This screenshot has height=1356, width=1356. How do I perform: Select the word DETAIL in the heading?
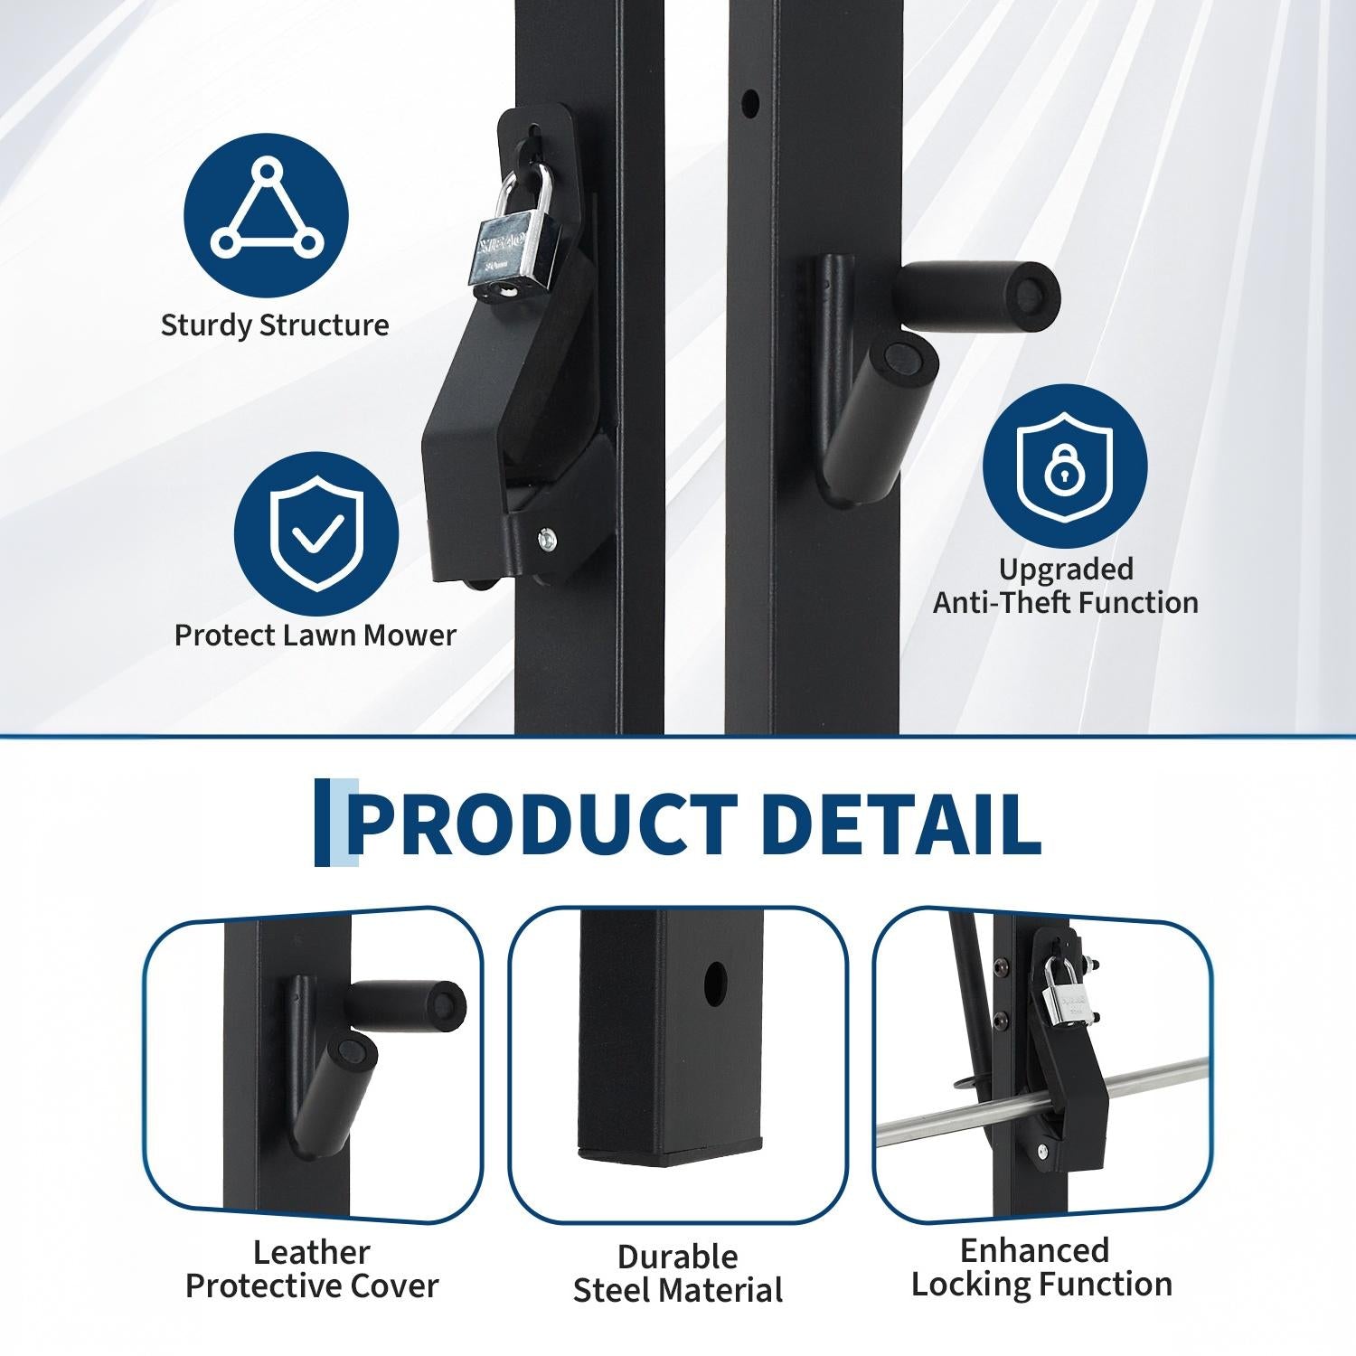[900, 824]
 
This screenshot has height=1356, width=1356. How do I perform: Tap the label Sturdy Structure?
[275, 325]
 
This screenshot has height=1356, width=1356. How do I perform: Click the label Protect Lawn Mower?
[315, 635]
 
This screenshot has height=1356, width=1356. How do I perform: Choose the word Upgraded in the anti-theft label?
[1066, 570]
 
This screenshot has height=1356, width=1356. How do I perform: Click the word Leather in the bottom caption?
[312, 1253]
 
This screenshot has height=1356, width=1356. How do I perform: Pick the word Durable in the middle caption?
[678, 1257]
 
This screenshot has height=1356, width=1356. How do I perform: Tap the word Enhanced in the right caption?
[1034, 1251]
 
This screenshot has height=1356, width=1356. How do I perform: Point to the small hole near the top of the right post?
[749, 102]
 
